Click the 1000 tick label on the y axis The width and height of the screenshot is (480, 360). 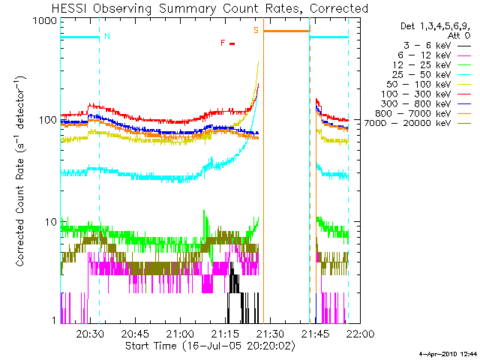(44, 21)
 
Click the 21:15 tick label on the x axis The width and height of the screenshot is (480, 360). (226, 334)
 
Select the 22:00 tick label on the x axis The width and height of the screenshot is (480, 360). (361, 334)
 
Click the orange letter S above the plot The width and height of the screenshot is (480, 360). (256, 31)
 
